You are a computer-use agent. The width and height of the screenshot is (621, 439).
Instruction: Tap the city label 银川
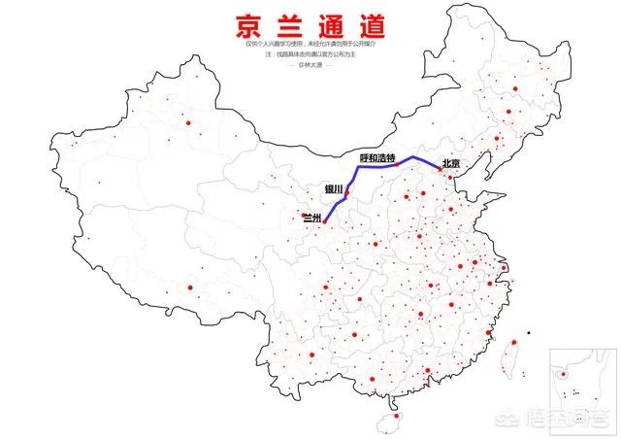tap(321, 189)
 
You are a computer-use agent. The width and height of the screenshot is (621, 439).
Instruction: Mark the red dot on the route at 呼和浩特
tap(397, 165)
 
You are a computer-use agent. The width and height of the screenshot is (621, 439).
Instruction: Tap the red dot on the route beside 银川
tap(346, 193)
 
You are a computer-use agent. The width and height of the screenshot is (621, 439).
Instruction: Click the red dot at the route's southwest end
tap(324, 224)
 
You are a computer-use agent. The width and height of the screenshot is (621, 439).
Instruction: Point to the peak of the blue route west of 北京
tap(414, 155)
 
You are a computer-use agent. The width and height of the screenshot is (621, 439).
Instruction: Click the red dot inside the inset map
tap(564, 374)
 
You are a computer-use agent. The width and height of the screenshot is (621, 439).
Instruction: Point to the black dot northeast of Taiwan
tap(529, 333)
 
